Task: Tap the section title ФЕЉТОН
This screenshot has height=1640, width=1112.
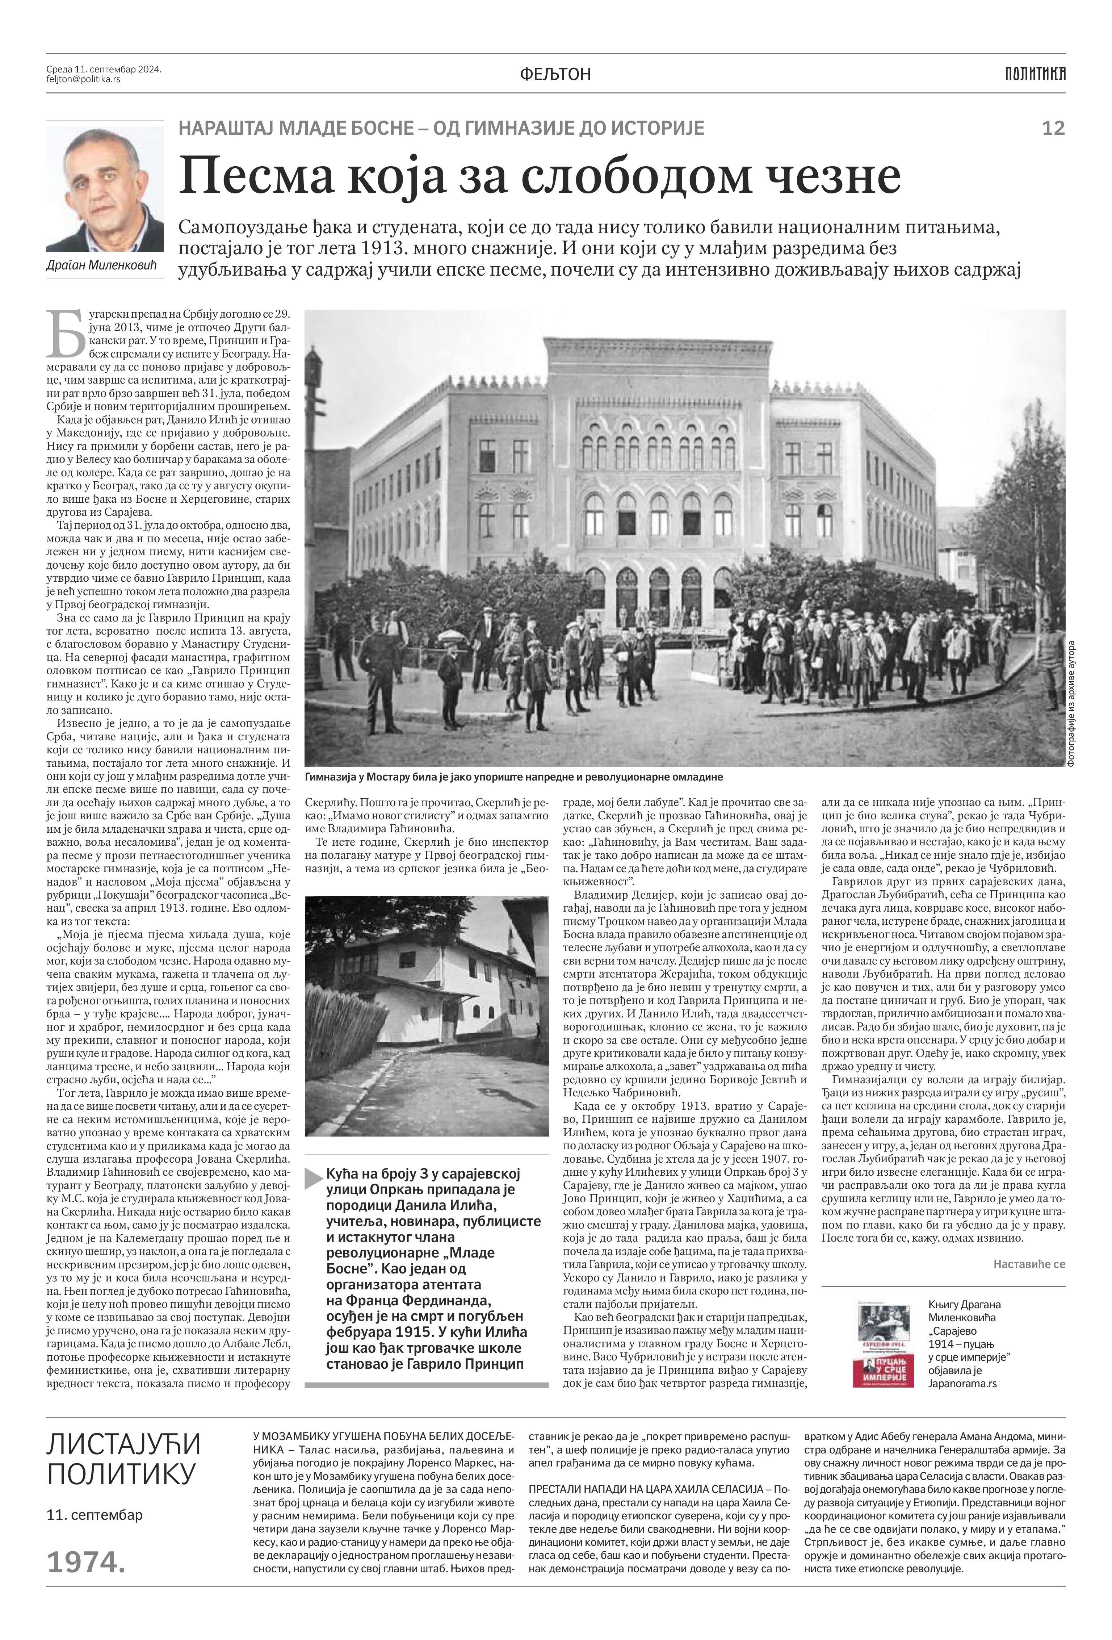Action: (x=555, y=74)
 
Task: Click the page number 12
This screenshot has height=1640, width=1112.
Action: (x=1053, y=129)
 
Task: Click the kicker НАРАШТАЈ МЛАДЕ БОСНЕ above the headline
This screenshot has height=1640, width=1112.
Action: (x=441, y=129)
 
